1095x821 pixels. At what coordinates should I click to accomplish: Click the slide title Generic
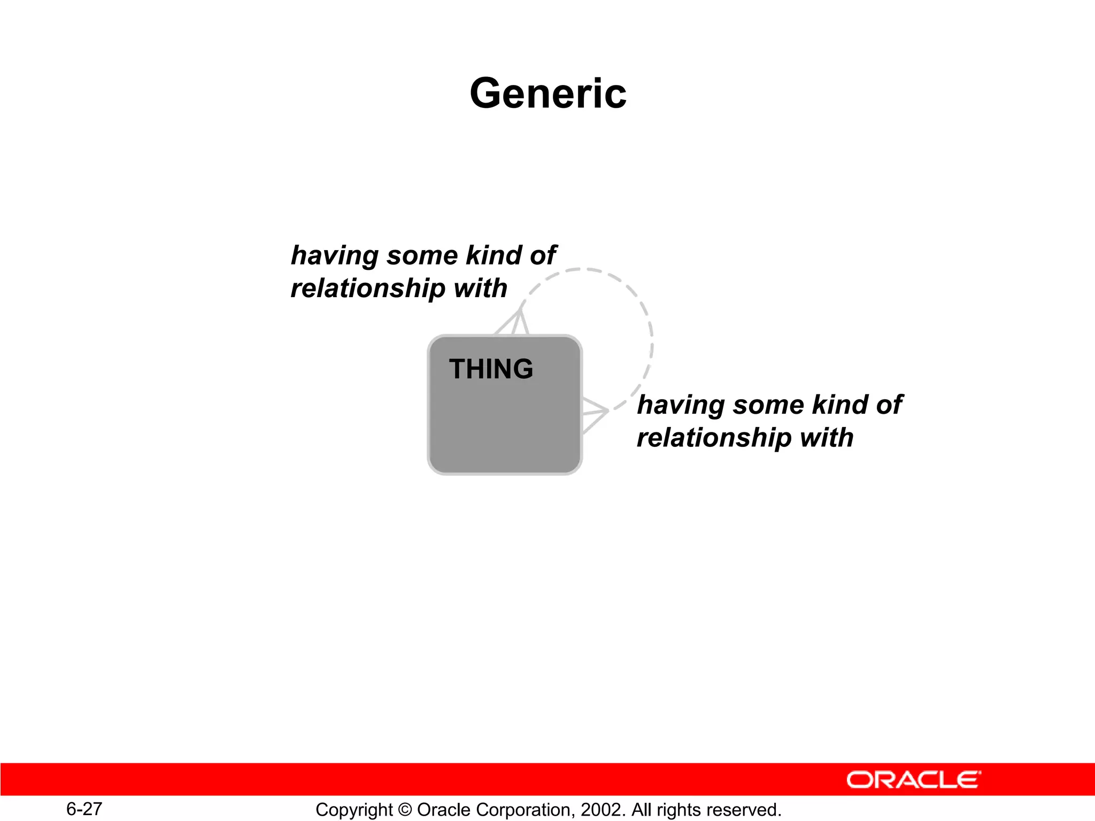[547, 94]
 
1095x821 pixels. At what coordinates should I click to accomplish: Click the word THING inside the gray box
[491, 369]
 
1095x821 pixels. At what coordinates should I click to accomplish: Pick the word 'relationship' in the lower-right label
[714, 438]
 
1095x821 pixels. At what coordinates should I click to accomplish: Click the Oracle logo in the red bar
[913, 780]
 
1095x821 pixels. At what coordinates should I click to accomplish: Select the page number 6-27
[84, 809]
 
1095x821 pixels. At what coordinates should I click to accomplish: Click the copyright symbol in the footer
[405, 810]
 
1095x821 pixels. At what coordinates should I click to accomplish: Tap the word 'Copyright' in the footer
[354, 810]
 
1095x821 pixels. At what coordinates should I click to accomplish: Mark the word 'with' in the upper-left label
[480, 289]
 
